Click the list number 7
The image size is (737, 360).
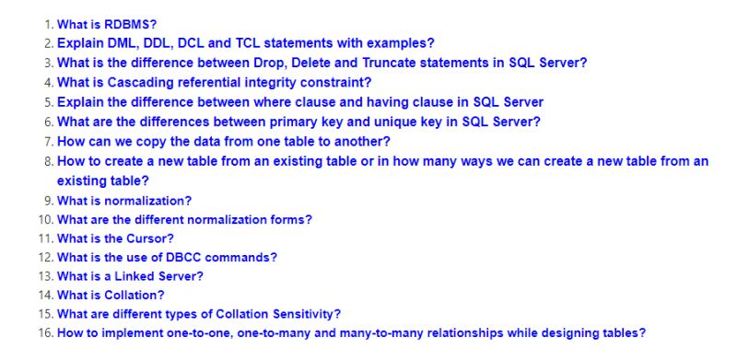[x=49, y=141]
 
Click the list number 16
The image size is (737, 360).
[x=46, y=333]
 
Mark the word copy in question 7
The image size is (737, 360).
[x=148, y=141]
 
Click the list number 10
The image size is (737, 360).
[x=46, y=219]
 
